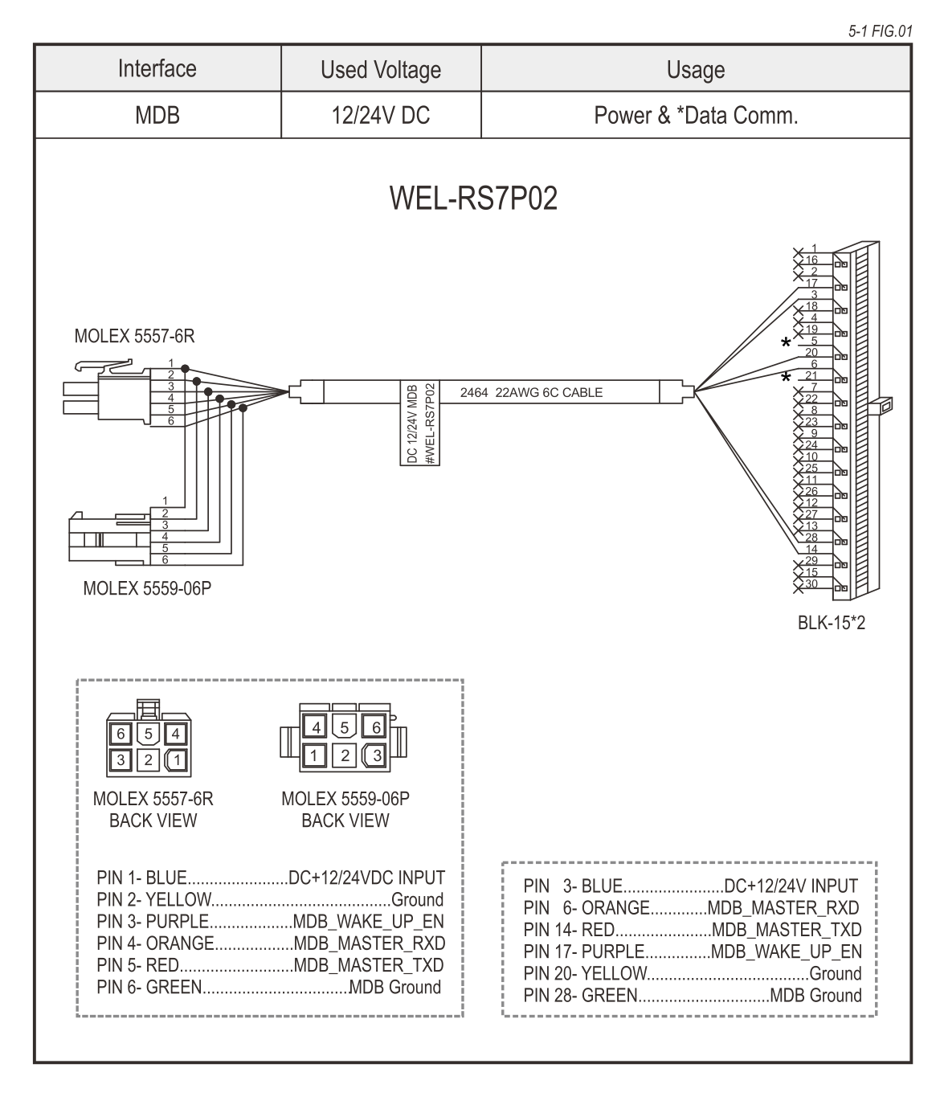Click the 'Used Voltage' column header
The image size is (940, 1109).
coord(381,70)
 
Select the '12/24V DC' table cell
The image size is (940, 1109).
coord(381,116)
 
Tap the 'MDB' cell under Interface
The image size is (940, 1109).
coord(157,116)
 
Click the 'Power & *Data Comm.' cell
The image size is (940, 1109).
coord(696,116)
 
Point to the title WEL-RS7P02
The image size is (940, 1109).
coord(473,198)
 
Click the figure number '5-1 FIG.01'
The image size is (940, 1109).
coord(880,31)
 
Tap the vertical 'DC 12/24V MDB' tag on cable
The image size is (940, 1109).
coord(411,422)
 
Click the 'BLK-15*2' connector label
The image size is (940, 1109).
coord(832,623)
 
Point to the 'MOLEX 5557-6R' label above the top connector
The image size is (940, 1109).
coord(134,338)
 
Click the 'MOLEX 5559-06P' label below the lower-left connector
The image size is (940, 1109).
coord(147,589)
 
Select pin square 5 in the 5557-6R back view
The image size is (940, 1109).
coord(148,734)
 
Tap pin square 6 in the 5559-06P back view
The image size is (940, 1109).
coord(374,728)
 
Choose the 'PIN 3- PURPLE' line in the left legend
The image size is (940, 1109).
coord(270,921)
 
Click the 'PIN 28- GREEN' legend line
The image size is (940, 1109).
coord(692,996)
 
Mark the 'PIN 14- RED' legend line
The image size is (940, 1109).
coord(692,930)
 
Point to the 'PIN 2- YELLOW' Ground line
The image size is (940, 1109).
coord(270,899)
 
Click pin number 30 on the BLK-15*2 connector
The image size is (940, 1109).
coord(811,584)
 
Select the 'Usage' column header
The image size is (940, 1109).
coord(696,70)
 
